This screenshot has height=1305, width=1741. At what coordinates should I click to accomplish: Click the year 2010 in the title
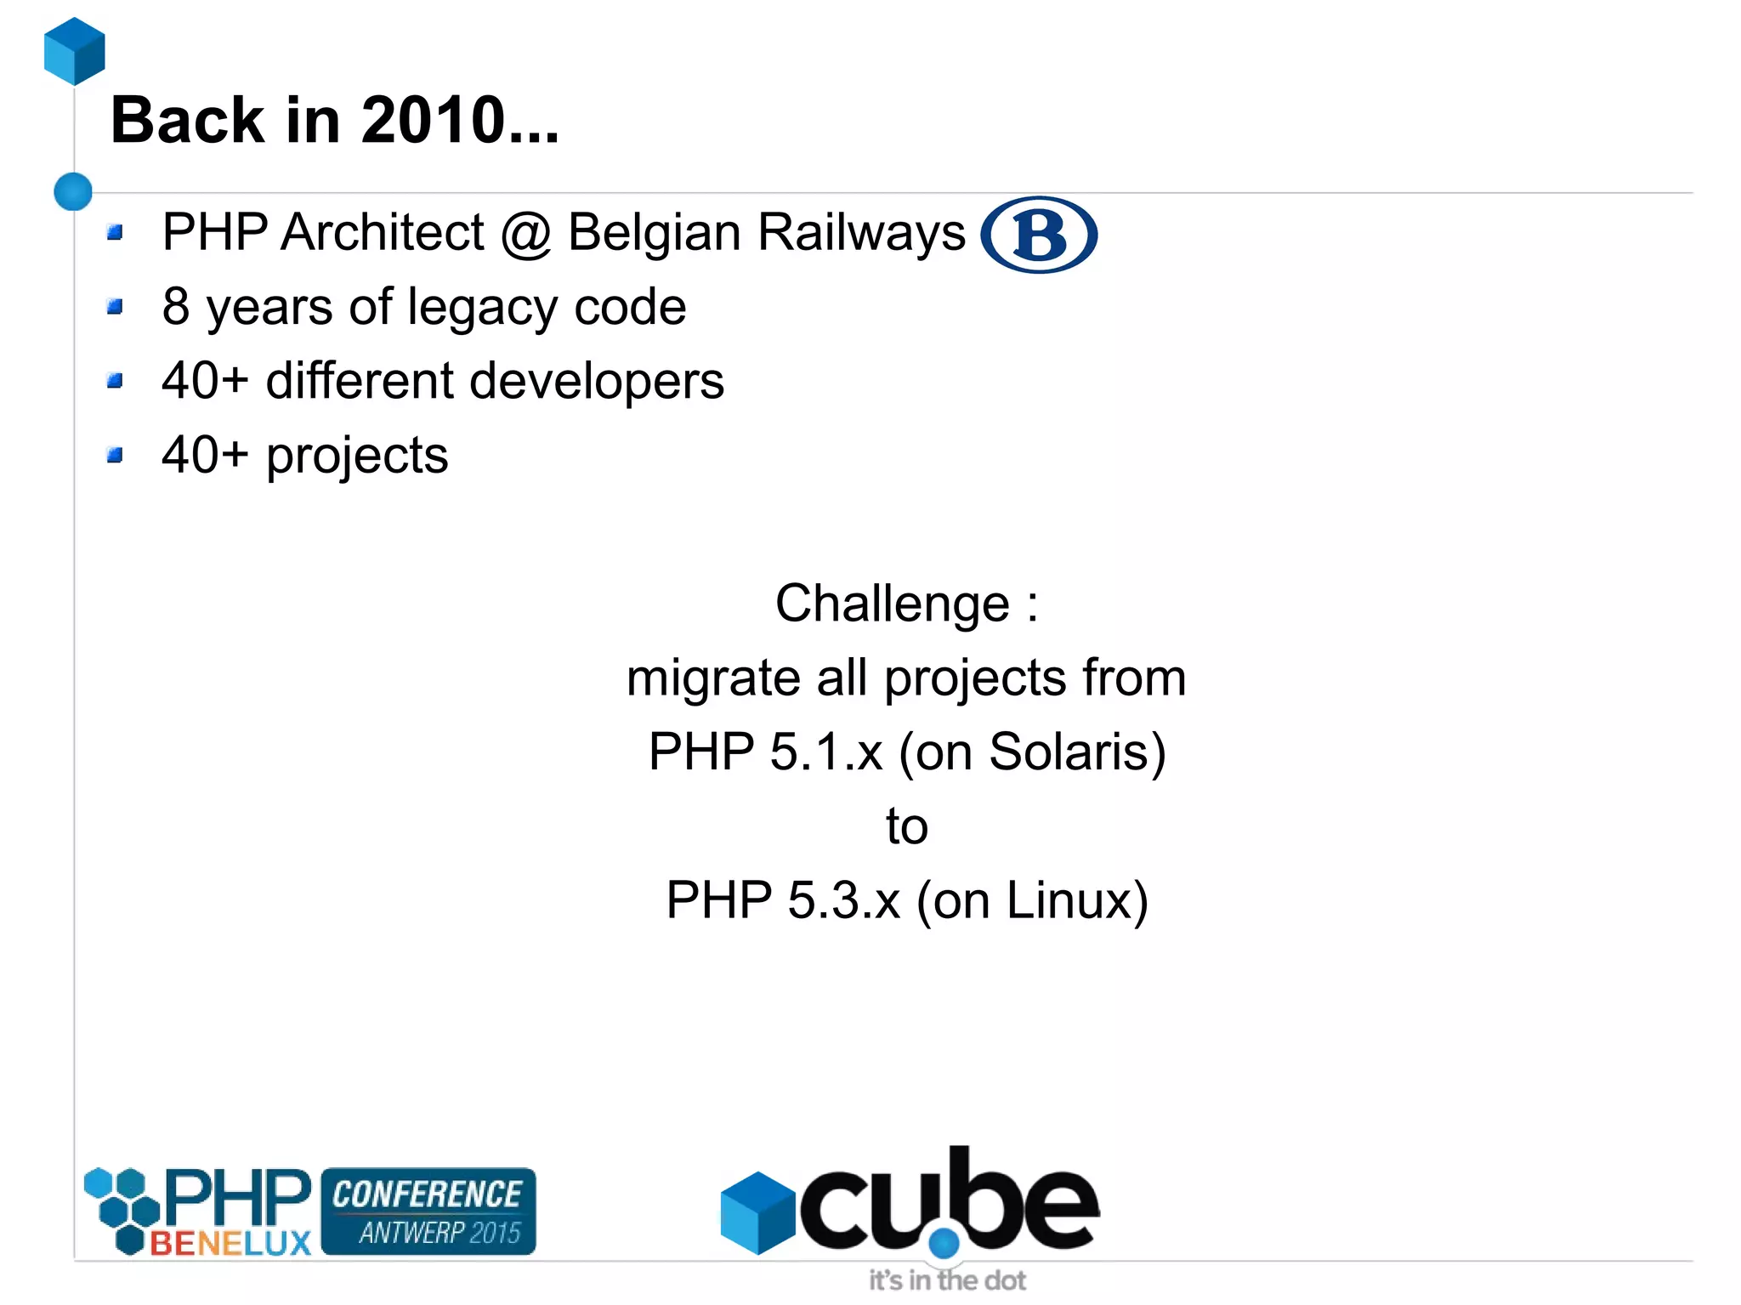(433, 120)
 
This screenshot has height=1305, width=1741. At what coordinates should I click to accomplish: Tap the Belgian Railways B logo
(1038, 235)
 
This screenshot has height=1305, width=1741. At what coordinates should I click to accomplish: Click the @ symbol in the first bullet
(525, 234)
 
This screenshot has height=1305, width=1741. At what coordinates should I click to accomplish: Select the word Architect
(382, 232)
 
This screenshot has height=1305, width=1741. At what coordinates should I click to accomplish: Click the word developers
(596, 381)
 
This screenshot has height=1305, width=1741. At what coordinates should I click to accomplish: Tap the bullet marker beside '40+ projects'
(116, 456)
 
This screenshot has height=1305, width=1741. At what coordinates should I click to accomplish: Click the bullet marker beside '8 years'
(116, 306)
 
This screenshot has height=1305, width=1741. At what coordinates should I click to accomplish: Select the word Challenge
(892, 604)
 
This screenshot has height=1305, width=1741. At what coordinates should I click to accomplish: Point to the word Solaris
(1070, 752)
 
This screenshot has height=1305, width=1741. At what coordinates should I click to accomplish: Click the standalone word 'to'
(906, 826)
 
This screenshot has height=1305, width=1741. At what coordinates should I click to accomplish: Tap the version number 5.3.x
(842, 901)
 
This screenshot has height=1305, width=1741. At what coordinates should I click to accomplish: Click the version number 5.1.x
(825, 752)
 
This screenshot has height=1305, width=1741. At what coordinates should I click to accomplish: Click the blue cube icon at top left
(75, 51)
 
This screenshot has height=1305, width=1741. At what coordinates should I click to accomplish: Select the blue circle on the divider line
(73, 191)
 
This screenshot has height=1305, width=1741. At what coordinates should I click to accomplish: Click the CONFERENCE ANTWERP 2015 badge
(428, 1211)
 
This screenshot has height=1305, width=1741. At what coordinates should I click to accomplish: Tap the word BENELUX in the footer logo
(230, 1244)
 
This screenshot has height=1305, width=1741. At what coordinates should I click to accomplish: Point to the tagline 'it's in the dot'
(946, 1280)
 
